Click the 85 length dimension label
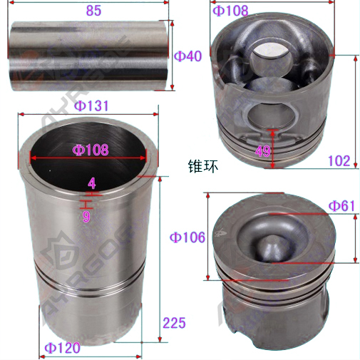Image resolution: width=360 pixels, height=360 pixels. click(93, 11)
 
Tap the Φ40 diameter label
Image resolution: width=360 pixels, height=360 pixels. click(187, 56)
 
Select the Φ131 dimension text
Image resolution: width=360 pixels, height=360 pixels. click(91, 106)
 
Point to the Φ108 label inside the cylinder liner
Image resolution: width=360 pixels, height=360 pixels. click(91, 150)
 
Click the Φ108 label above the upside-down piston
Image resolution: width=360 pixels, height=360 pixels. click(230, 11)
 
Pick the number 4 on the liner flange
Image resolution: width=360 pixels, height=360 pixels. click(92, 183)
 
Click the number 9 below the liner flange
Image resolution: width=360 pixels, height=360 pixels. click(86, 216)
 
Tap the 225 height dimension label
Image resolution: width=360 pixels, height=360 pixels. click(174, 323)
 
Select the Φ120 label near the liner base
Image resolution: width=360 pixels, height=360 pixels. click(63, 348)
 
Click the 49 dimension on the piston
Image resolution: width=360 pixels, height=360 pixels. click(263, 150)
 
